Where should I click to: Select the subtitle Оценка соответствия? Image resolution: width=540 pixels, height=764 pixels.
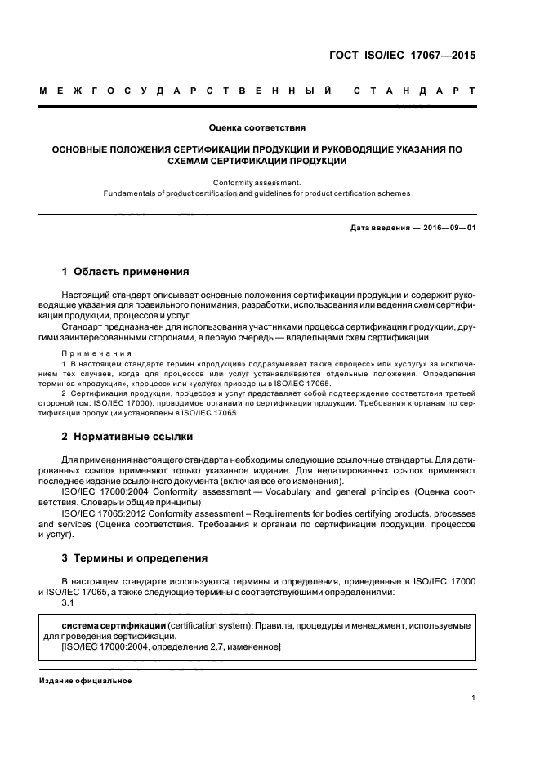pos(257,129)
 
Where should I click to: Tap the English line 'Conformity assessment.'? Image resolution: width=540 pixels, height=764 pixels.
pos(257,183)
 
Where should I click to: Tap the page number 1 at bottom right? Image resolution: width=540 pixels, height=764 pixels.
pos(473,698)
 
